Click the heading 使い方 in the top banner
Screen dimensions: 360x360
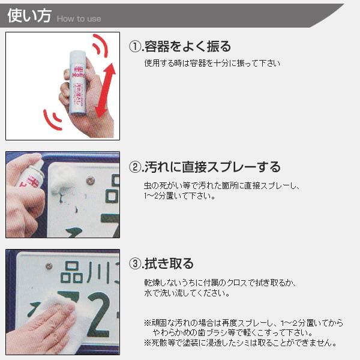tap(29, 16)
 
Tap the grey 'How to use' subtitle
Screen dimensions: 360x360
tap(79, 19)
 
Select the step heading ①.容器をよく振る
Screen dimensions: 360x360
tap(180, 47)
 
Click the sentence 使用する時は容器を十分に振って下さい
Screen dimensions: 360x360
tap(212, 63)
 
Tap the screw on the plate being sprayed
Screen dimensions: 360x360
tap(91, 179)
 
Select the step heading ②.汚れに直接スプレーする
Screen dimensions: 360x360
tap(205, 167)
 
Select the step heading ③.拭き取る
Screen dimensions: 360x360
tap(161, 263)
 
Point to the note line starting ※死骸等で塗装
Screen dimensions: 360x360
tap(240, 343)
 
